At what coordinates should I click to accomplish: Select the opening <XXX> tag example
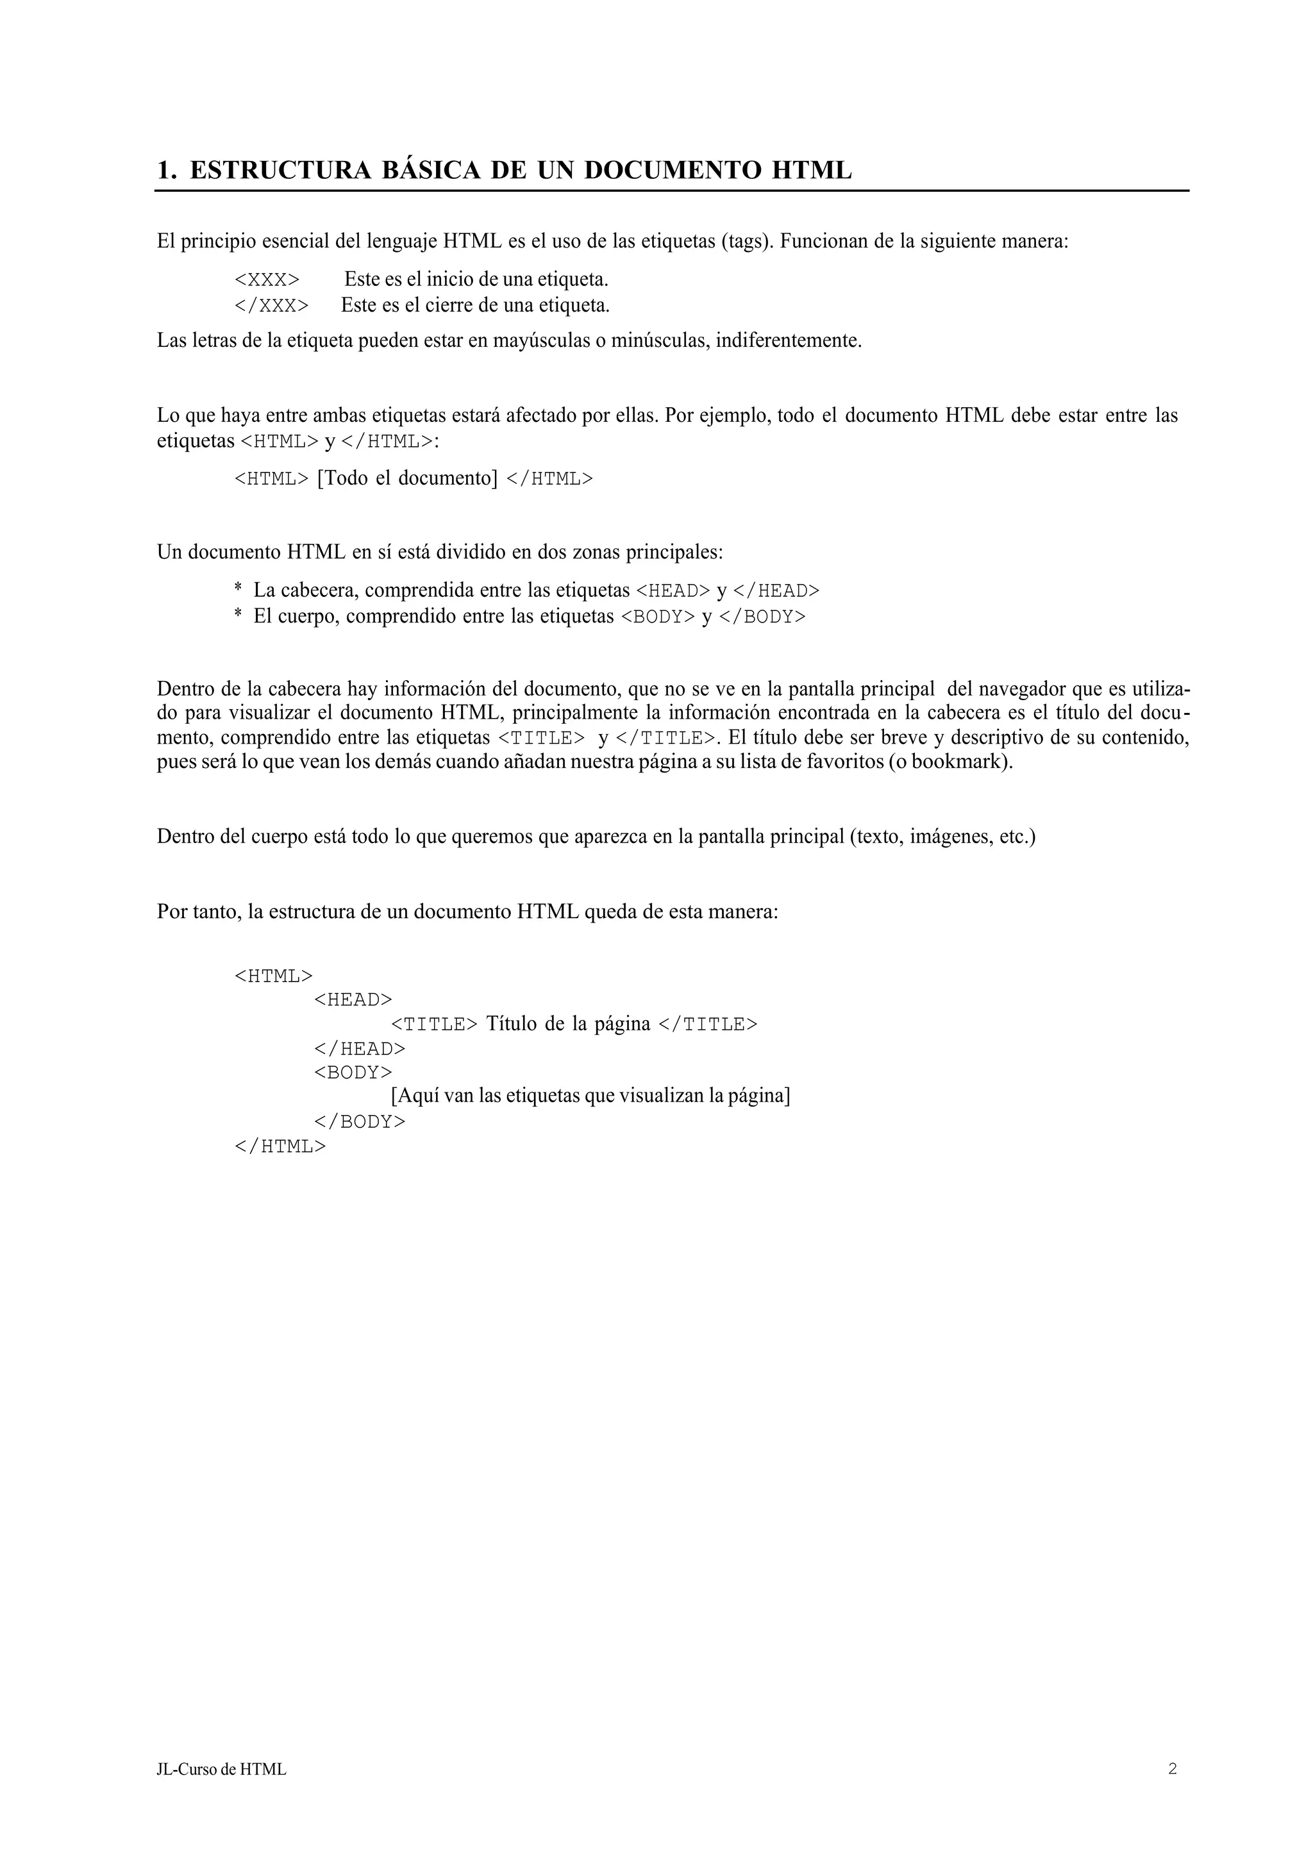(267, 280)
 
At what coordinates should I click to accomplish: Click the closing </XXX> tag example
(271, 306)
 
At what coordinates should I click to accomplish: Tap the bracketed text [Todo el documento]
(407, 478)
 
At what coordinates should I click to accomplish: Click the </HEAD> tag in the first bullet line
(776, 590)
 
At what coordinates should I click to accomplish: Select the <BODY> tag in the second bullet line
(658, 617)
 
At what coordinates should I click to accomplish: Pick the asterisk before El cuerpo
(238, 617)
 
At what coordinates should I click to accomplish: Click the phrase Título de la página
(568, 1025)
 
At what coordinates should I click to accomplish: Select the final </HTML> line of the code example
(280, 1147)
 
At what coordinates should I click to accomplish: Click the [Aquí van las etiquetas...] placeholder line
(590, 1096)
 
